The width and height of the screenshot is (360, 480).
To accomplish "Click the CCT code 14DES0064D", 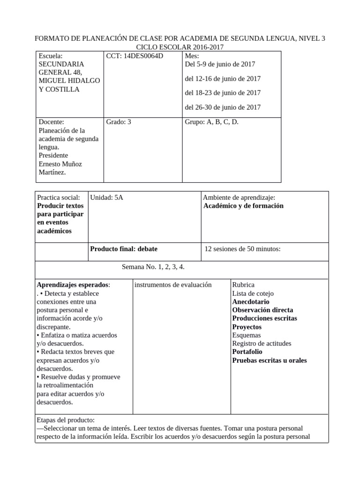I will (135, 56).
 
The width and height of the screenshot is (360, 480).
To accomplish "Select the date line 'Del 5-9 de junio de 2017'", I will (220, 64).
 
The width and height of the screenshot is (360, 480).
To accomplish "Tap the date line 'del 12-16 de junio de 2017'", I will (223, 78).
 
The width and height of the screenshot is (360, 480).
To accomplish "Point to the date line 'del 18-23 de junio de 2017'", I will (223, 93).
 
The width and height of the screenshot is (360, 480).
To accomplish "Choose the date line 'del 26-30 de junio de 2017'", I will (223, 107).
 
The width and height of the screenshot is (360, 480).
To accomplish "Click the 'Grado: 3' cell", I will (119, 122).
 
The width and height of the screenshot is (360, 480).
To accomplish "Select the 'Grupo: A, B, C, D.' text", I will (212, 122).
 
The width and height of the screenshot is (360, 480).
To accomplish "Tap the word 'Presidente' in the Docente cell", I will (53, 155).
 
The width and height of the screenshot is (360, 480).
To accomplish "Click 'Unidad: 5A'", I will (106, 197).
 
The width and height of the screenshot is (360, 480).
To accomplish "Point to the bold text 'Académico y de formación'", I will (244, 206).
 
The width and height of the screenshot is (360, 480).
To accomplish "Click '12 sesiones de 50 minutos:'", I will (243, 249).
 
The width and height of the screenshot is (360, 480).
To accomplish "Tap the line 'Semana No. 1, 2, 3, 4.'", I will (153, 267).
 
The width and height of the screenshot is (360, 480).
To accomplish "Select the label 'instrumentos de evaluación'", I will (173, 285).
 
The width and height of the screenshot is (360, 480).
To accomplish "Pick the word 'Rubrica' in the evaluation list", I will (243, 285).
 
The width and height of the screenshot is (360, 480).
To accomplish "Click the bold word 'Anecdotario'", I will (251, 301).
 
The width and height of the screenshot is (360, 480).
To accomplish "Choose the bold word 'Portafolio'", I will (247, 352).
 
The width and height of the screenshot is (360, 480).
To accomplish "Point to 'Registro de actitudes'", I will (262, 343).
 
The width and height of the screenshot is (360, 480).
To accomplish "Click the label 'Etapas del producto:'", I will (66, 420).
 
